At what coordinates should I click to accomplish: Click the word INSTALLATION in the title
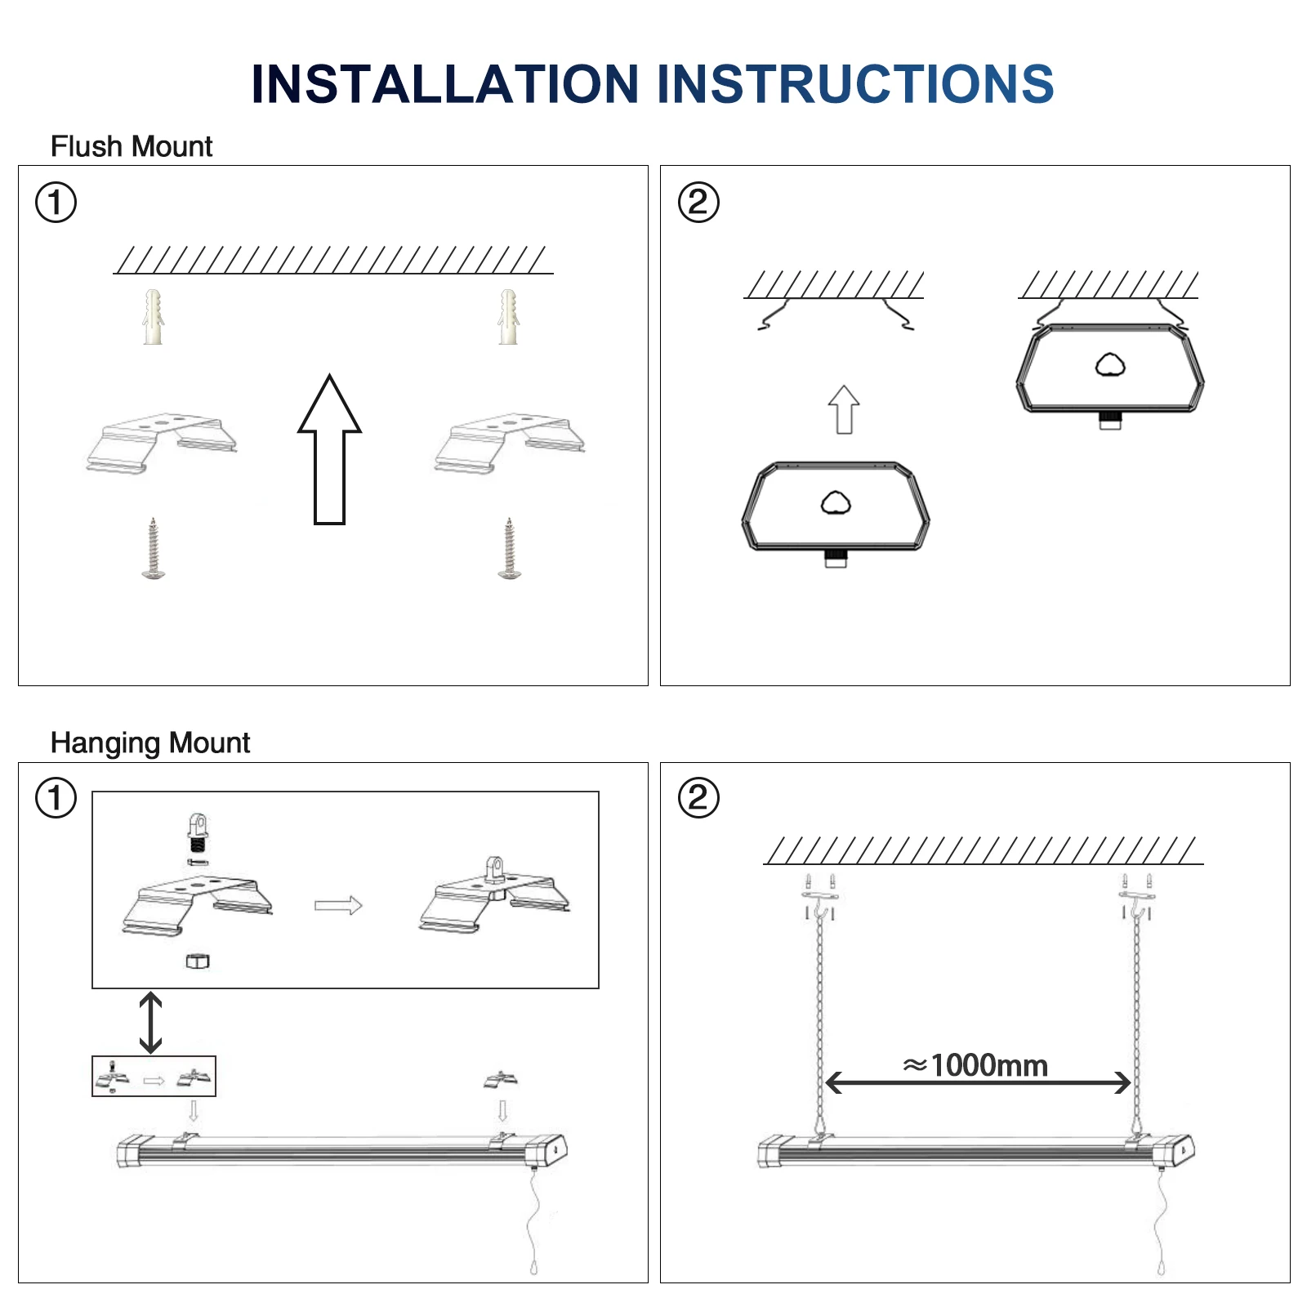[445, 84]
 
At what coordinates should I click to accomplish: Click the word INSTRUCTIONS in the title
[855, 84]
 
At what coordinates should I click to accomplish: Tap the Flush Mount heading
[132, 147]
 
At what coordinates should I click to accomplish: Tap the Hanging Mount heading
[150, 743]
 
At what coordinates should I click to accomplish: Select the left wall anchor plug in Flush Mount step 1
[153, 317]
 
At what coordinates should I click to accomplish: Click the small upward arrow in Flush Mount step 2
[844, 409]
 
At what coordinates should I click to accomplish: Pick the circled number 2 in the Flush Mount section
[698, 203]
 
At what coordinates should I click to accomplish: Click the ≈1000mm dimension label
[975, 1065]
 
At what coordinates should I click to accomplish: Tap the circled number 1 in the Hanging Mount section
[56, 798]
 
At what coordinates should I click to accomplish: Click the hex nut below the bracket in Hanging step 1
[197, 961]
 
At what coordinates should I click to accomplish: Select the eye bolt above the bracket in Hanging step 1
[197, 832]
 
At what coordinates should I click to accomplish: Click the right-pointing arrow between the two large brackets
[338, 905]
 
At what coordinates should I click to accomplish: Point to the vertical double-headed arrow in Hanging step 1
[150, 1022]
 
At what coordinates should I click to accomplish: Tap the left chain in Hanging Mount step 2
[819, 1021]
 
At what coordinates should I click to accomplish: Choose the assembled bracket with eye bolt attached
[494, 898]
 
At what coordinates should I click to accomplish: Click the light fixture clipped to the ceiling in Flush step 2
[1110, 372]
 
